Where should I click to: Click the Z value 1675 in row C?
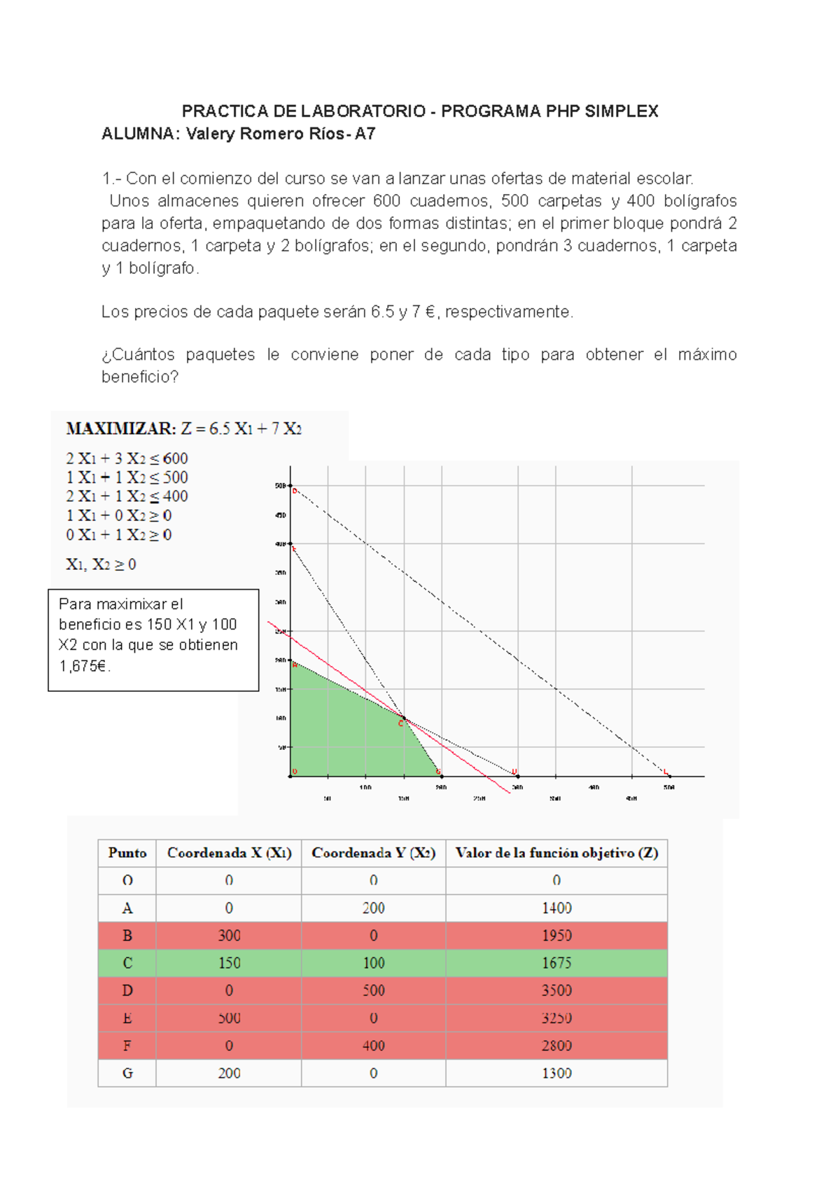[556, 963]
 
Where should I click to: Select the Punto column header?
[127, 853]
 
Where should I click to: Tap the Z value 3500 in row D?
[556, 990]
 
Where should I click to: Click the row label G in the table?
[127, 1073]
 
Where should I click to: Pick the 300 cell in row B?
[229, 936]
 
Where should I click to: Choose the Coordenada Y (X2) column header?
[373, 853]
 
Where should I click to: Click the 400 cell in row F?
[373, 1045]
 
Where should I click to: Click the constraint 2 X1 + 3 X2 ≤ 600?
[127, 459]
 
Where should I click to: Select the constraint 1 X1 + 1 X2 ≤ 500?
[127, 478]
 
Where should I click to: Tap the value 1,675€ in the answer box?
[84, 666]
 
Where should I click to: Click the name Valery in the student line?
[211, 134]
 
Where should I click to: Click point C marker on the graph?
[404, 719]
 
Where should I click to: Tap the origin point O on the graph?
[291, 775]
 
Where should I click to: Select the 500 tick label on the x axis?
[669, 788]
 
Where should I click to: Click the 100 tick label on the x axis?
[365, 788]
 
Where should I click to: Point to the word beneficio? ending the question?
[140, 377]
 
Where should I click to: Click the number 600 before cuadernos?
[386, 201]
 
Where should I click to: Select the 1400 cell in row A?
[556, 908]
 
